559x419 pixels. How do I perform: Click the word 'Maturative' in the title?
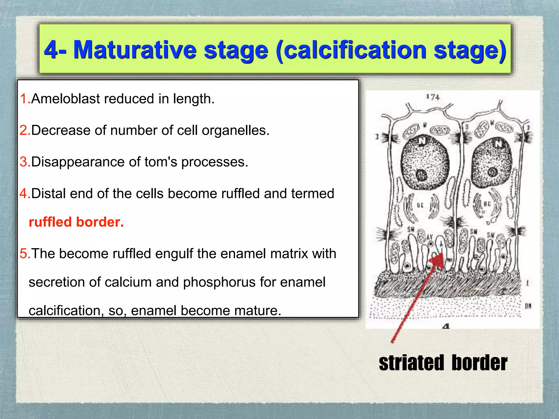click(135, 50)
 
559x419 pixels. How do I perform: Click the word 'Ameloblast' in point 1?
click(66, 98)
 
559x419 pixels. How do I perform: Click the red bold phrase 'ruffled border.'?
click(76, 222)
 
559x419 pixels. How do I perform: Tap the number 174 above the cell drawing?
click(433, 97)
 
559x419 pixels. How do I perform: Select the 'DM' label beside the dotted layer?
click(528, 306)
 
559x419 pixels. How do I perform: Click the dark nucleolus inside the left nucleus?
click(422, 175)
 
